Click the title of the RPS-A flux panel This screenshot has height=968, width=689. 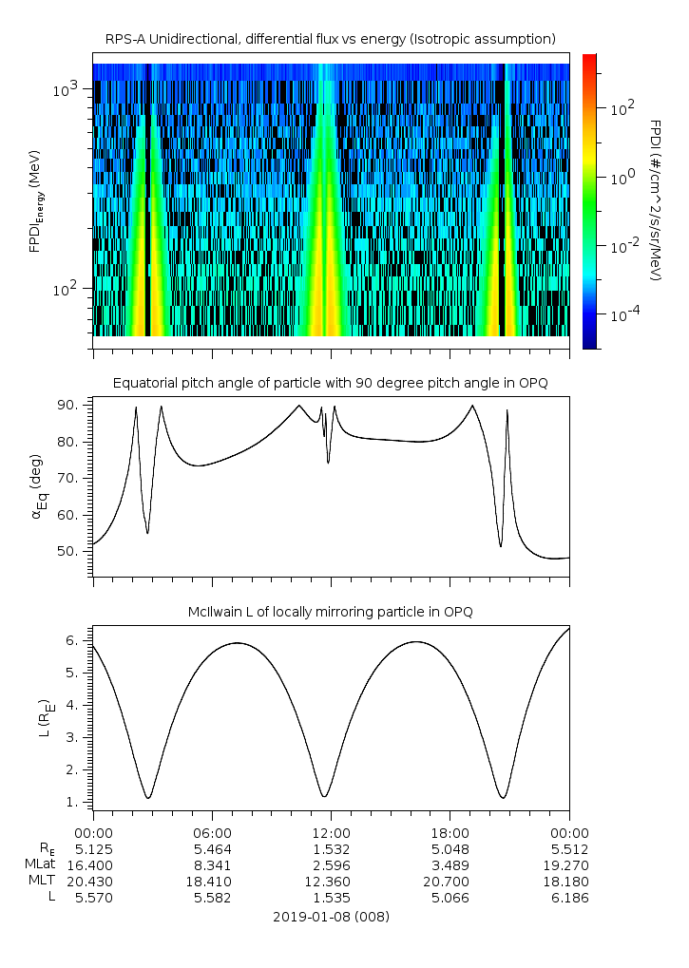coord(330,38)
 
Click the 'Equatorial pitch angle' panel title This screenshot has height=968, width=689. coord(330,383)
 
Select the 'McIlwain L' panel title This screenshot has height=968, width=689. coord(330,612)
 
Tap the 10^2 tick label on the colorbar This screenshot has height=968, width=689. coord(622,108)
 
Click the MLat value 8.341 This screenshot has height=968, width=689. coord(211,865)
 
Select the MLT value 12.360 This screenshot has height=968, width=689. coord(330,882)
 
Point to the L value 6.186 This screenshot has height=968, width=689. coord(568,898)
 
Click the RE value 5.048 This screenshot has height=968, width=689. coord(450,849)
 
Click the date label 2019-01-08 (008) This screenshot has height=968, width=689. coord(331,917)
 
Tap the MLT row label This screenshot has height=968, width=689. coord(42,882)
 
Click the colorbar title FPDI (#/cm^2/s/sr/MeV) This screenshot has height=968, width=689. coord(655,199)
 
